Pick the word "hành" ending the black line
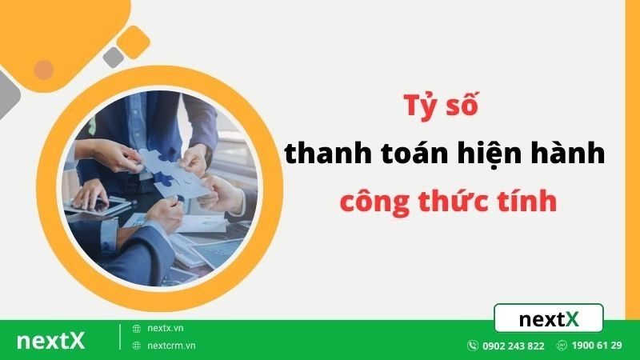coord(569,154)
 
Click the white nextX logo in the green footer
coord(50,340)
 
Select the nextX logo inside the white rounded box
coord(549,319)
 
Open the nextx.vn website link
coord(165,328)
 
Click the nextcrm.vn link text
coord(171,346)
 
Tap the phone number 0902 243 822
coord(514,346)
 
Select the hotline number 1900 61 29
coord(597,346)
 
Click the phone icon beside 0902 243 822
coord(473,346)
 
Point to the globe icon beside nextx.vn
coord(137,328)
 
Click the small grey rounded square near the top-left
coord(114,57)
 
